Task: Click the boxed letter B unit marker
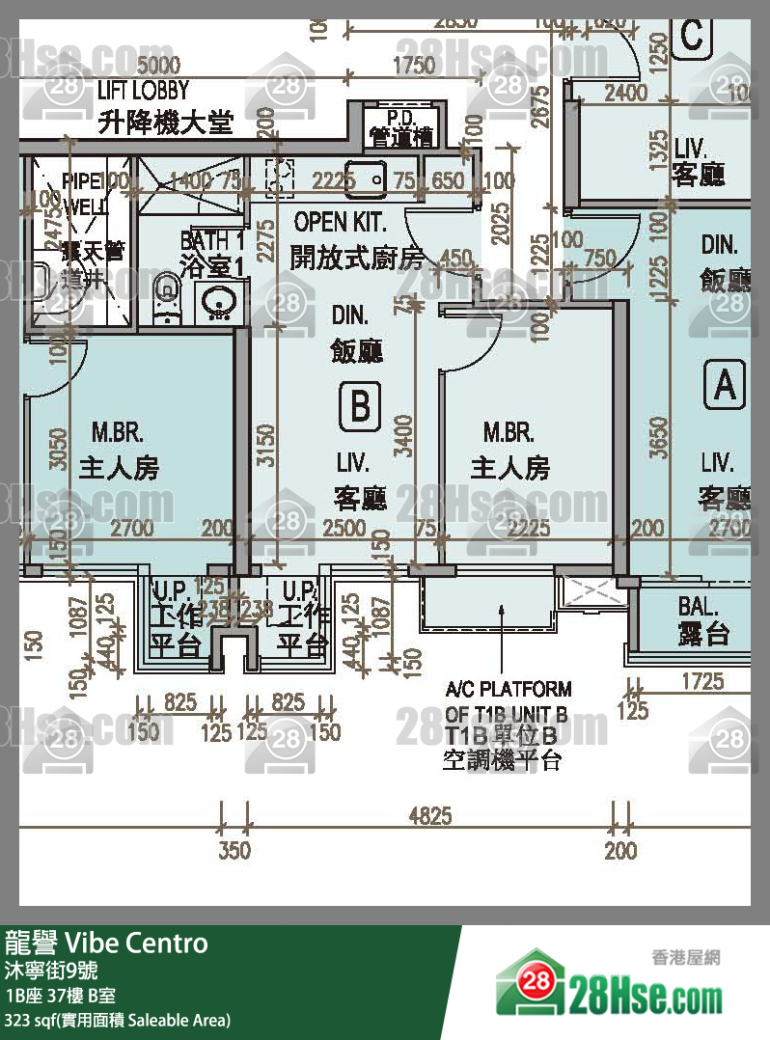359,406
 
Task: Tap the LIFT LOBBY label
144,91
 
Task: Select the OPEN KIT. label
341,222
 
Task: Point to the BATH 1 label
212,240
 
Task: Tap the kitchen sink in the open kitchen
367,178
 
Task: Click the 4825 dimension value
429,816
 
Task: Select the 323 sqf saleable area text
118,1020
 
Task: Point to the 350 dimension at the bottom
234,850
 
